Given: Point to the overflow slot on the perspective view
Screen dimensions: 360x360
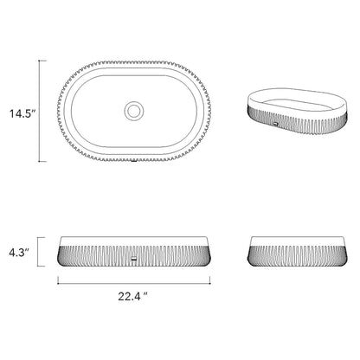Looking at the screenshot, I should coord(275,124).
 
